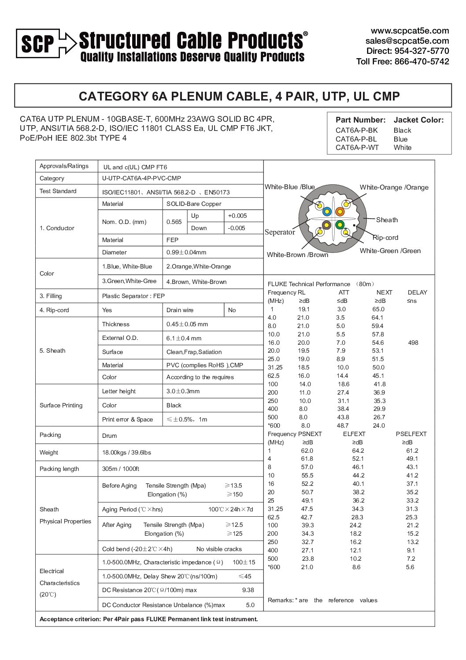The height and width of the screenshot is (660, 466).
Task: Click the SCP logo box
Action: click(x=37, y=43)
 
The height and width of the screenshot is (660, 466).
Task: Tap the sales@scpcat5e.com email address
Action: click(x=407, y=41)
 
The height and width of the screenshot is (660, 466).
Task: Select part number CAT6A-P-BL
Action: click(x=356, y=139)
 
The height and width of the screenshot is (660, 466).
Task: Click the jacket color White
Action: click(x=402, y=148)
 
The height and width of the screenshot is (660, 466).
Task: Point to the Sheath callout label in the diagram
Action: click(x=387, y=220)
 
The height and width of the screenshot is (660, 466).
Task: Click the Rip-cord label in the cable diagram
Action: click(x=385, y=238)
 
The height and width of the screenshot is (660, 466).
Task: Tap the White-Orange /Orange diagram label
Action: click(x=394, y=187)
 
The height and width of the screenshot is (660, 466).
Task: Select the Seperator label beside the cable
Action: click(x=280, y=232)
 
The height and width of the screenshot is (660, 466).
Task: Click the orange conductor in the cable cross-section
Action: click(x=340, y=212)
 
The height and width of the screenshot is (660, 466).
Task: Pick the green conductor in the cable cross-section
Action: click(x=340, y=225)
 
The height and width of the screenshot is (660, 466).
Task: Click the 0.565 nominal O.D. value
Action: click(x=174, y=222)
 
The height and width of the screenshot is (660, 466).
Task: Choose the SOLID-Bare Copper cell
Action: click(x=194, y=204)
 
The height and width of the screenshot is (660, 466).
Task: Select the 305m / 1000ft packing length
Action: click(x=120, y=469)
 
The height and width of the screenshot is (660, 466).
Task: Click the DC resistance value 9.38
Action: click(x=248, y=590)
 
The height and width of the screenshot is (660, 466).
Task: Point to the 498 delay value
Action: click(x=413, y=343)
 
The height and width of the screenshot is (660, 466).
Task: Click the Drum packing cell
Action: click(x=109, y=436)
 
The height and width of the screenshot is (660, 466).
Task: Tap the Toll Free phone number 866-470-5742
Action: click(x=422, y=62)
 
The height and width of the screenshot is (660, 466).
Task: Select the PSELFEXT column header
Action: click(x=411, y=434)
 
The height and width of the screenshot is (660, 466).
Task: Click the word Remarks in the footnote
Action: click(x=280, y=600)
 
